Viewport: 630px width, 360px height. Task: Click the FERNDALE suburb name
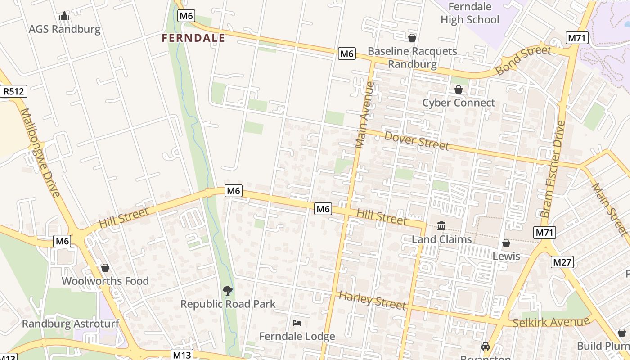point(193,38)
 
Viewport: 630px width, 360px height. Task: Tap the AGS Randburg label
point(64,29)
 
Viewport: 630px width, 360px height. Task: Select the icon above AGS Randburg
point(64,17)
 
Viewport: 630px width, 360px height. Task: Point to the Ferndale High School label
point(470,13)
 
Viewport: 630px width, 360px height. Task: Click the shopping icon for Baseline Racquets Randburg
point(412,38)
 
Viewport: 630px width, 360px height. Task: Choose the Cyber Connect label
point(458,103)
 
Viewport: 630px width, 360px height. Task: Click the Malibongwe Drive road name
point(40,153)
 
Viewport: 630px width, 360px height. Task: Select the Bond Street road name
point(523,60)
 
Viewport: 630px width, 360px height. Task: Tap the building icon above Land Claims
point(441,225)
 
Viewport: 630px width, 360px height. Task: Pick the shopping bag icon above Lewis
point(506,243)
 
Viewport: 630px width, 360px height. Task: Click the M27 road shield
point(562,262)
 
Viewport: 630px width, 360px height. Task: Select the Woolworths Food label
point(105,281)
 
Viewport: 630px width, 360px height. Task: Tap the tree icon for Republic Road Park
point(228,290)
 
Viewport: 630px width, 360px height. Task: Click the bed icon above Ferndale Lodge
point(297,323)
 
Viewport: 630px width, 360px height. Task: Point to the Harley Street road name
point(372,300)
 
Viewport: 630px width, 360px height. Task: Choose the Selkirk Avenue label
point(551,322)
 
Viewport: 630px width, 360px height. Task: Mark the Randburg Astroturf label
point(59,324)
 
